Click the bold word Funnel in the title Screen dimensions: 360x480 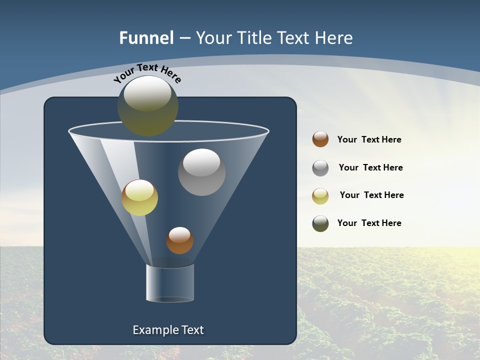(x=146, y=38)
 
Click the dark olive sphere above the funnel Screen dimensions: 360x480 (x=147, y=106)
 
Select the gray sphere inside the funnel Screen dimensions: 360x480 (x=201, y=172)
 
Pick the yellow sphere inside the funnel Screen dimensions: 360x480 (x=139, y=197)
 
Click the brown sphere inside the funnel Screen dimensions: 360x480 (x=179, y=240)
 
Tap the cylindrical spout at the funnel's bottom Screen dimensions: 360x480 (x=170, y=283)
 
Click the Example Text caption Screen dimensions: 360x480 (x=168, y=330)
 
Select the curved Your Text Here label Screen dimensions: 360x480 (x=147, y=73)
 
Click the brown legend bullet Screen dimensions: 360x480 (x=320, y=139)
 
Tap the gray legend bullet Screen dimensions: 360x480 (x=320, y=168)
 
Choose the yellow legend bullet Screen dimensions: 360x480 (x=320, y=196)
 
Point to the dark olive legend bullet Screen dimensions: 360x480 (x=320, y=223)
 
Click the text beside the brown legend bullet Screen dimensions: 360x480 (x=369, y=140)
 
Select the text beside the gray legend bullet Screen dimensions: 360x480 (x=370, y=168)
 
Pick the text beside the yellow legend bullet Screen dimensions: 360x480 (x=371, y=195)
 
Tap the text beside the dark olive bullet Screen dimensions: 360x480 (x=369, y=223)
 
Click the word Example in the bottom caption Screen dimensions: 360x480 (x=151, y=330)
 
